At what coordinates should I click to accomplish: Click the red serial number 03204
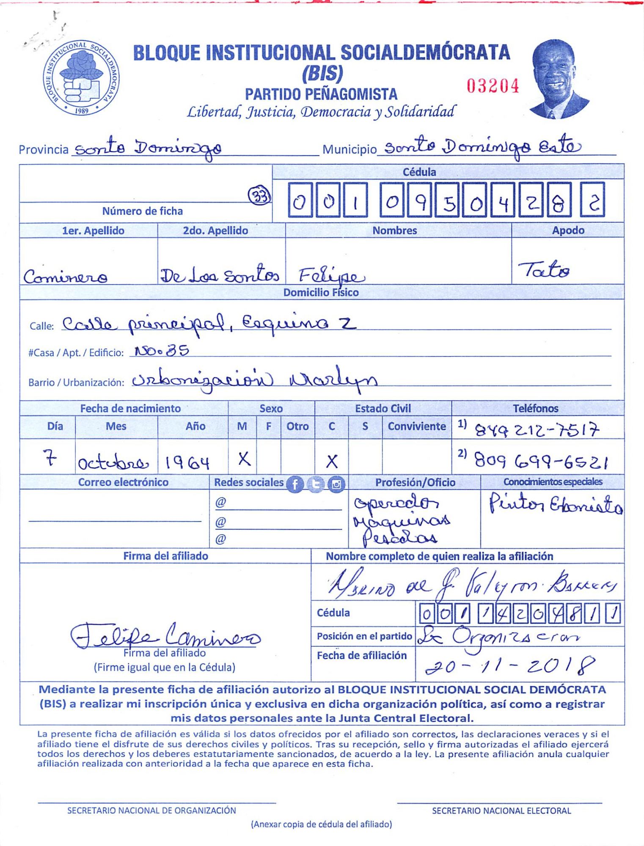pyautogui.click(x=493, y=86)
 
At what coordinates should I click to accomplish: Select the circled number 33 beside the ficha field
pyautogui.click(x=259, y=196)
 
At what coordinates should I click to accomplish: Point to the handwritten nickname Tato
pyautogui.click(x=543, y=269)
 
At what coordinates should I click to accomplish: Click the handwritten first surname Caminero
pyautogui.click(x=65, y=277)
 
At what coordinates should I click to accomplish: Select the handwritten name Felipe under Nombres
pyautogui.click(x=331, y=276)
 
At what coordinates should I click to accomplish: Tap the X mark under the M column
pyautogui.click(x=244, y=459)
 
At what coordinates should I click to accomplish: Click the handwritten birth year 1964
pyautogui.click(x=187, y=463)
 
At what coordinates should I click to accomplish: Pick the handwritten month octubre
pyautogui.click(x=113, y=464)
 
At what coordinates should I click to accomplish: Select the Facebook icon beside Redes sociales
pyautogui.click(x=295, y=484)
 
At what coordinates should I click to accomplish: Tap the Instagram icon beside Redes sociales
pyautogui.click(x=336, y=484)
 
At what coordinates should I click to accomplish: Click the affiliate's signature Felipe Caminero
pyautogui.click(x=165, y=636)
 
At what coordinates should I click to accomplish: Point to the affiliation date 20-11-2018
pyautogui.click(x=510, y=667)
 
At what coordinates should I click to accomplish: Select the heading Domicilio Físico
pyautogui.click(x=321, y=293)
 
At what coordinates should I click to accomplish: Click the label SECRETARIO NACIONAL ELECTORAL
pyautogui.click(x=501, y=811)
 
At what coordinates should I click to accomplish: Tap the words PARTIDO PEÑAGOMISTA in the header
pyautogui.click(x=321, y=94)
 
